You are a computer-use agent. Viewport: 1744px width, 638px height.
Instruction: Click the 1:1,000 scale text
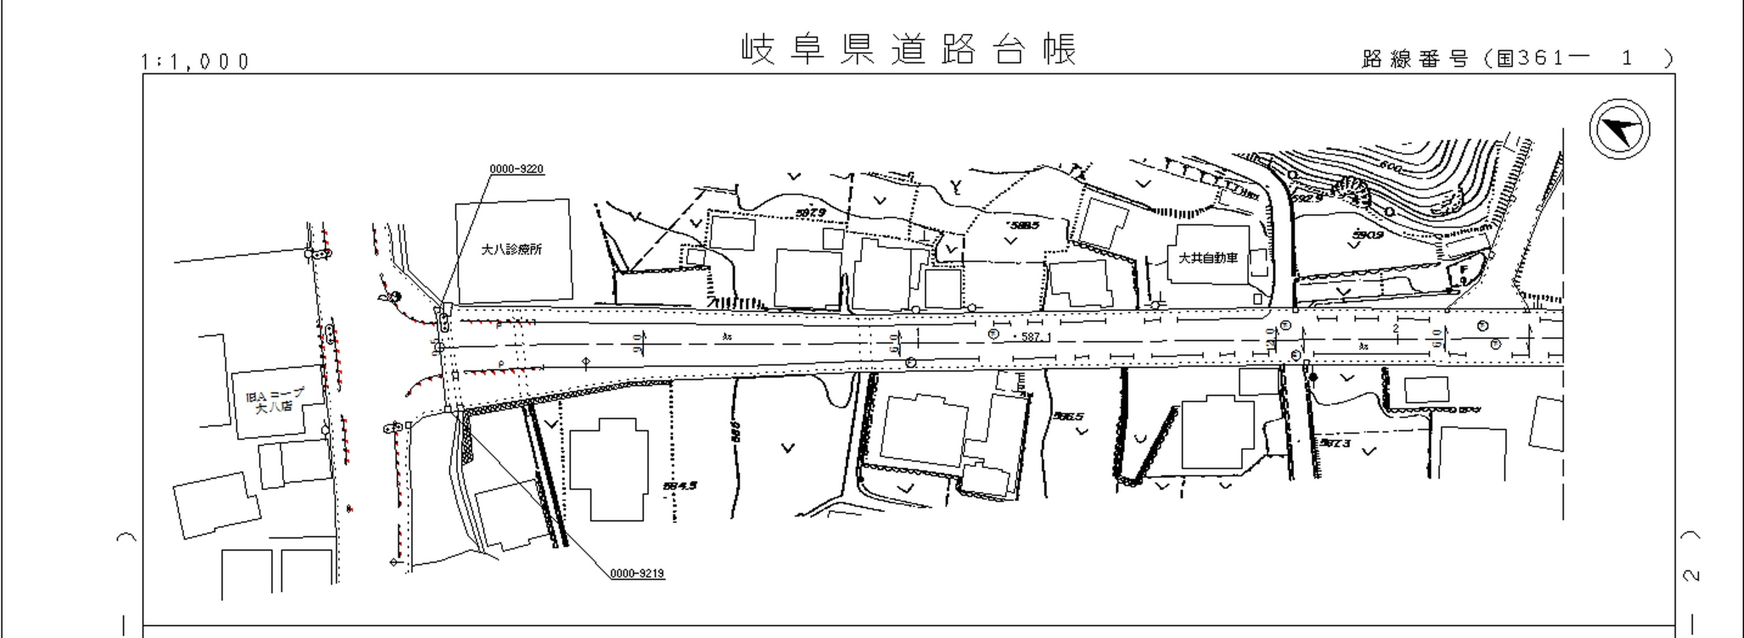195,62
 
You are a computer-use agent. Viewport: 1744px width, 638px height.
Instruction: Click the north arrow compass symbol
1619,129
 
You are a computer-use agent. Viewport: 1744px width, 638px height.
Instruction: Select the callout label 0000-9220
516,169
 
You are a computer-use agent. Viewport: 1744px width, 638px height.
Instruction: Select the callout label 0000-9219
637,573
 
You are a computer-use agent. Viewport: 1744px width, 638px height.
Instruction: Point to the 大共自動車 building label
1208,258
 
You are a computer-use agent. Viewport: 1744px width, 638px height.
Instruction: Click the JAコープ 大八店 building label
275,400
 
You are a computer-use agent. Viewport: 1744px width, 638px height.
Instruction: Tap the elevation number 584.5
680,486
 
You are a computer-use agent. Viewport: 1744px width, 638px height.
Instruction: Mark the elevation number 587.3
1334,443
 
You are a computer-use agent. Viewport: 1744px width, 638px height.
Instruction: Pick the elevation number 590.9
1368,235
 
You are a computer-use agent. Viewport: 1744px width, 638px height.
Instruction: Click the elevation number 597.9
811,213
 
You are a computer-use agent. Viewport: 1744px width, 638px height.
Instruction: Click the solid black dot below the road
1314,377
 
